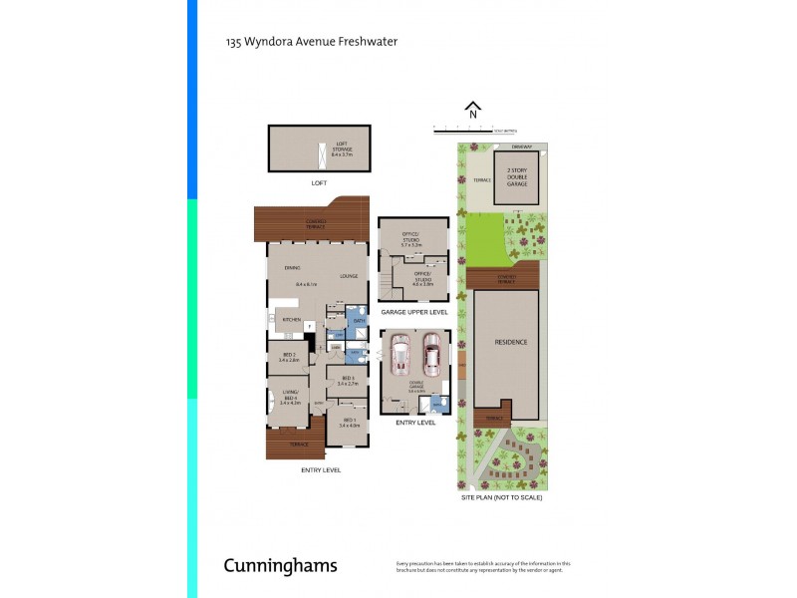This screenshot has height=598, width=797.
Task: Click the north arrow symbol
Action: tap(473, 110)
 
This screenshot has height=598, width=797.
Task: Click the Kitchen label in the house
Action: tap(292, 319)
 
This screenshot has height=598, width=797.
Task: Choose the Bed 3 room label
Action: tap(348, 380)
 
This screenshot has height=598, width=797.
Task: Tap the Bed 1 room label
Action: tap(348, 423)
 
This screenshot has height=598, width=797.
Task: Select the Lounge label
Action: tap(348, 276)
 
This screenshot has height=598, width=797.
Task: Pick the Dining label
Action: tap(292, 268)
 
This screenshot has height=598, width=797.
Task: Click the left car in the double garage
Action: tap(400, 353)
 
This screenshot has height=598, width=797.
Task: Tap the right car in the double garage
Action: tap(430, 353)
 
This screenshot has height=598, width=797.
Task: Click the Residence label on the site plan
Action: tap(510, 342)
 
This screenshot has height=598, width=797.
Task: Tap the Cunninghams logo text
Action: tap(280, 565)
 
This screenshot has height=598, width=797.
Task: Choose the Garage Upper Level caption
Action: tap(413, 312)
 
